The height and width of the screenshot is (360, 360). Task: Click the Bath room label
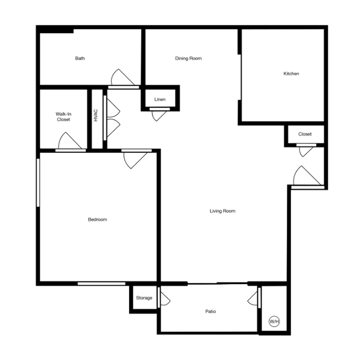pyautogui.click(x=80, y=58)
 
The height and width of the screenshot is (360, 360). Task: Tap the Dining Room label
pyautogui.click(x=188, y=58)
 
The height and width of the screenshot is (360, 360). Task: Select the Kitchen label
pyautogui.click(x=291, y=74)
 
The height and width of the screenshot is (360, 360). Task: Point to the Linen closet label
pyautogui.click(x=160, y=99)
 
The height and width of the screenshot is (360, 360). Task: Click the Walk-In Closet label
pyautogui.click(x=63, y=117)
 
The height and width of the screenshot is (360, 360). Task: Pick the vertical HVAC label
pyautogui.click(x=96, y=115)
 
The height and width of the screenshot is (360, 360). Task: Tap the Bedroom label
pyautogui.click(x=97, y=219)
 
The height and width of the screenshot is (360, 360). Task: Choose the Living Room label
pyautogui.click(x=223, y=211)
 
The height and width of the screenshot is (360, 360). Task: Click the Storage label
pyautogui.click(x=144, y=298)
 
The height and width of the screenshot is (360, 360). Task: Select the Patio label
pyautogui.click(x=210, y=311)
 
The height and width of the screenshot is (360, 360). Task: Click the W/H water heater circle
pyautogui.click(x=274, y=321)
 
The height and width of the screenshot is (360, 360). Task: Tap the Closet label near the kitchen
pyautogui.click(x=305, y=134)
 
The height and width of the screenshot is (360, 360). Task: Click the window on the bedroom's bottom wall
pyautogui.click(x=101, y=284)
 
